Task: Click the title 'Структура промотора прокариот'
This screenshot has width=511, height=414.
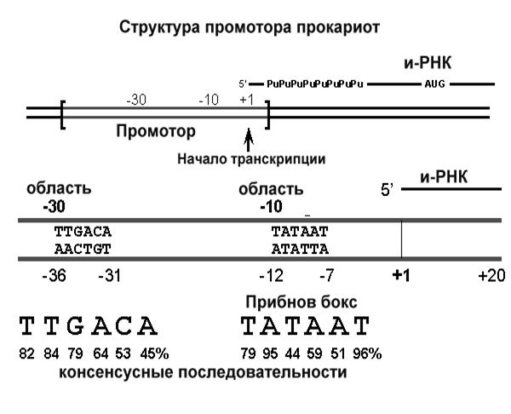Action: click(250, 28)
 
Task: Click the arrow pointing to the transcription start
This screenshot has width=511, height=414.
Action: click(248, 137)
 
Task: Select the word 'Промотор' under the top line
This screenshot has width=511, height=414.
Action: click(155, 132)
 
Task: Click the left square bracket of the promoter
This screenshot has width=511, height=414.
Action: click(62, 115)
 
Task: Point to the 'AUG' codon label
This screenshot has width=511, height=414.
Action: click(434, 85)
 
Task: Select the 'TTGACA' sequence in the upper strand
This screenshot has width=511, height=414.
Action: click(83, 231)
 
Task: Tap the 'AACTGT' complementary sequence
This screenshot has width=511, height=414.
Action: click(83, 249)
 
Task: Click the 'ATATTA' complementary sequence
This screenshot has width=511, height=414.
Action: click(300, 249)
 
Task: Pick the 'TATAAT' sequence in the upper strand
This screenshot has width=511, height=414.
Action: click(300, 231)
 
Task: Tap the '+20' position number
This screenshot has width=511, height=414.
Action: click(491, 276)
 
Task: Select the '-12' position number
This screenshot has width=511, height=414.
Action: click(271, 276)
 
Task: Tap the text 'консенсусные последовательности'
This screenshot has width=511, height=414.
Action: click(203, 373)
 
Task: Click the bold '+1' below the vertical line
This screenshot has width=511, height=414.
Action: click(401, 276)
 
